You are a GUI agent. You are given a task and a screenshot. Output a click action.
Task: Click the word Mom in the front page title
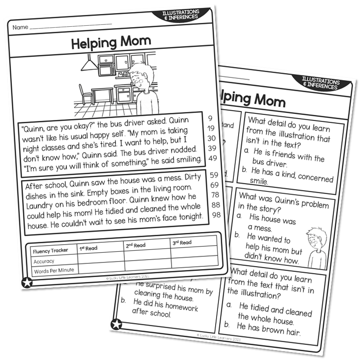click(x=135, y=42)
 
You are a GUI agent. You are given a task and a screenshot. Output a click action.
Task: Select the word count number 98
click(x=216, y=215)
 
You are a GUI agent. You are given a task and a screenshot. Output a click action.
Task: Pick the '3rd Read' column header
click(x=182, y=242)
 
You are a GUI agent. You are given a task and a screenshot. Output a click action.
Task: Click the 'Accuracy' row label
click(x=44, y=261)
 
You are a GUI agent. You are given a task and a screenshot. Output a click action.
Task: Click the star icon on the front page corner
click(x=27, y=283)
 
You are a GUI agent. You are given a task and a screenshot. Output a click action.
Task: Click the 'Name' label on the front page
click(x=20, y=27)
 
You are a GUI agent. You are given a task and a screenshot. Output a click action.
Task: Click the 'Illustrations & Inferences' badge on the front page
click(x=181, y=14)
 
